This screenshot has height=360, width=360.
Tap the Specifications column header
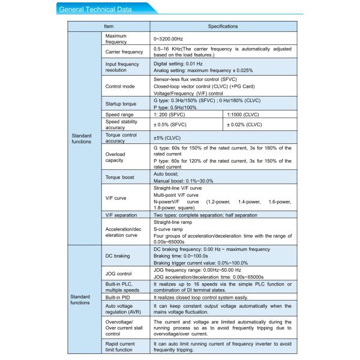(x=223, y=27)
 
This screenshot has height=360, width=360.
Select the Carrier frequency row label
(x=124, y=52)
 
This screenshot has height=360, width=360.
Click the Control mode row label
(x=120, y=86)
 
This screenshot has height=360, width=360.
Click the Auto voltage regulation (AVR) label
(x=123, y=310)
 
